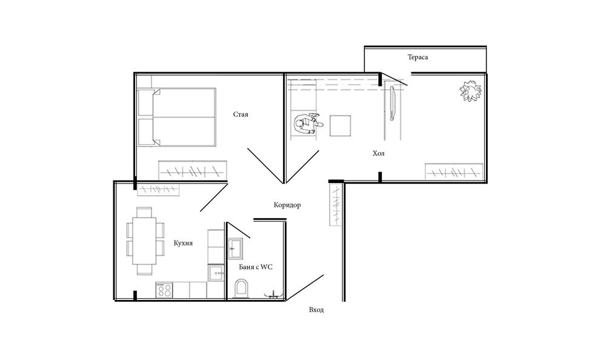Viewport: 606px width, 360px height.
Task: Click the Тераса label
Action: click(x=418, y=57)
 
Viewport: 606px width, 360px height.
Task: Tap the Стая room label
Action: click(x=241, y=115)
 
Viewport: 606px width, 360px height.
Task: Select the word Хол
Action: click(x=378, y=153)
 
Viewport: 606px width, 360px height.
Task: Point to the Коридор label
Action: click(x=287, y=205)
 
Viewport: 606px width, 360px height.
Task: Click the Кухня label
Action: click(x=183, y=243)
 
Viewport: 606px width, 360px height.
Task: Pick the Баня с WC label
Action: click(x=256, y=267)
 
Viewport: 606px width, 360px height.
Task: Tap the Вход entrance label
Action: click(x=316, y=310)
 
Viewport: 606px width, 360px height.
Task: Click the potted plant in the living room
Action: click(x=471, y=91)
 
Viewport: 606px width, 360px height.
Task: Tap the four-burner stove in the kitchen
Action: click(x=164, y=290)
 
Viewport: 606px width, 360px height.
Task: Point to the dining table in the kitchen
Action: click(x=144, y=241)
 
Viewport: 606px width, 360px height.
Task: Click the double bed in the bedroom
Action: click(x=176, y=117)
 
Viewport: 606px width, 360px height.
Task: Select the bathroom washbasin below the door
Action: click(x=235, y=248)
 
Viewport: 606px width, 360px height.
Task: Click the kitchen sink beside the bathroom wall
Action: click(x=216, y=273)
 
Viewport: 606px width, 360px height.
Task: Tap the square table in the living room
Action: click(x=341, y=125)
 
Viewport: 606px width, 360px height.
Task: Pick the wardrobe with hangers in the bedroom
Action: click(x=193, y=170)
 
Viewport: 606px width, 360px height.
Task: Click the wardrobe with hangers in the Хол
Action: click(x=454, y=172)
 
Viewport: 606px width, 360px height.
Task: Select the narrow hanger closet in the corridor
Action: click(x=336, y=204)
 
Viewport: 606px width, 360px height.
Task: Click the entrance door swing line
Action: click(x=304, y=288)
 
